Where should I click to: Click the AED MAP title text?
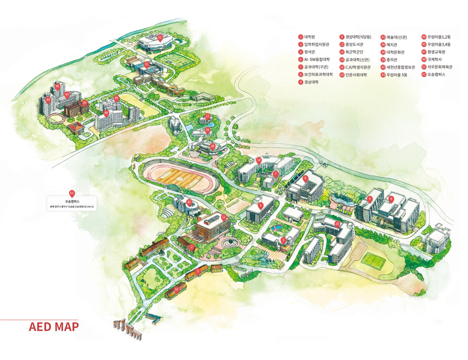click(54, 327)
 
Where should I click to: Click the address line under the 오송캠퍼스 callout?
click(72, 205)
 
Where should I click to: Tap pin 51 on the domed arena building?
click(160, 37)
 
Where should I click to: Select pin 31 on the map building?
click(146, 64)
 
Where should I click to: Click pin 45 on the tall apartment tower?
click(57, 86)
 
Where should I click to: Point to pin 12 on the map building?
click(207, 116)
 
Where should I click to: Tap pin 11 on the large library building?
click(224, 217)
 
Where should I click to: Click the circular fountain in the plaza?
click(231, 243)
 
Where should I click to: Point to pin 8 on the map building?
click(305, 178)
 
